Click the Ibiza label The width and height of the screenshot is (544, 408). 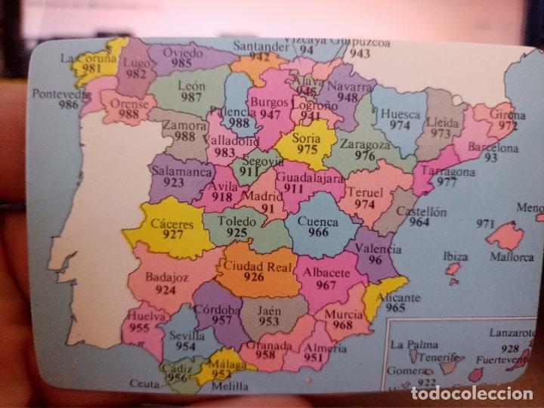pos(455,256)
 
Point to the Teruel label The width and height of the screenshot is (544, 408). pos(365,192)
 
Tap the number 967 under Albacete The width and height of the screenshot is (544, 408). pos(326,285)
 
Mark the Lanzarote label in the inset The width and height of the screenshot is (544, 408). pos(511,332)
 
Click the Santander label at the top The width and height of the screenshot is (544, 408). pos(261,46)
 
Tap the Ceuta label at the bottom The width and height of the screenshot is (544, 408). pos(145,384)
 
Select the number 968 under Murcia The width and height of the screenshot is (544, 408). pos(342,325)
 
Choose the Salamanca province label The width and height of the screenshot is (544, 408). pos(181,172)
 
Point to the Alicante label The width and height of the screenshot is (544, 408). pos(402,298)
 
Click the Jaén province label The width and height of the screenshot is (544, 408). pos(269,310)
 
